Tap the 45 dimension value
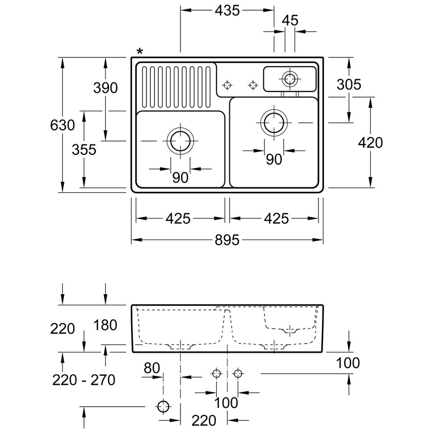pyautogui.click(x=291, y=20)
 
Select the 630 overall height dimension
pyautogui.click(x=62, y=126)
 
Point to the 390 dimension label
pyautogui.click(x=105, y=88)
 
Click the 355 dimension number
pyautogui.click(x=84, y=150)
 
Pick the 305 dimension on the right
pyautogui.click(x=349, y=84)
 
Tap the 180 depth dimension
pyautogui.click(x=105, y=325)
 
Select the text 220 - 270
pyautogui.click(x=84, y=380)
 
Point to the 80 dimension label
pyautogui.click(x=152, y=368)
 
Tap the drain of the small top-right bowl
pyautogui.click(x=290, y=79)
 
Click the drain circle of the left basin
pyautogui.click(x=180, y=141)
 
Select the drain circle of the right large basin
pyautogui.click(x=274, y=123)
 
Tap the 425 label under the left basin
pyautogui.click(x=178, y=219)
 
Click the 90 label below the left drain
pyautogui.click(x=180, y=178)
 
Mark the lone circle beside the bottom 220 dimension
pyautogui.click(x=163, y=407)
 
